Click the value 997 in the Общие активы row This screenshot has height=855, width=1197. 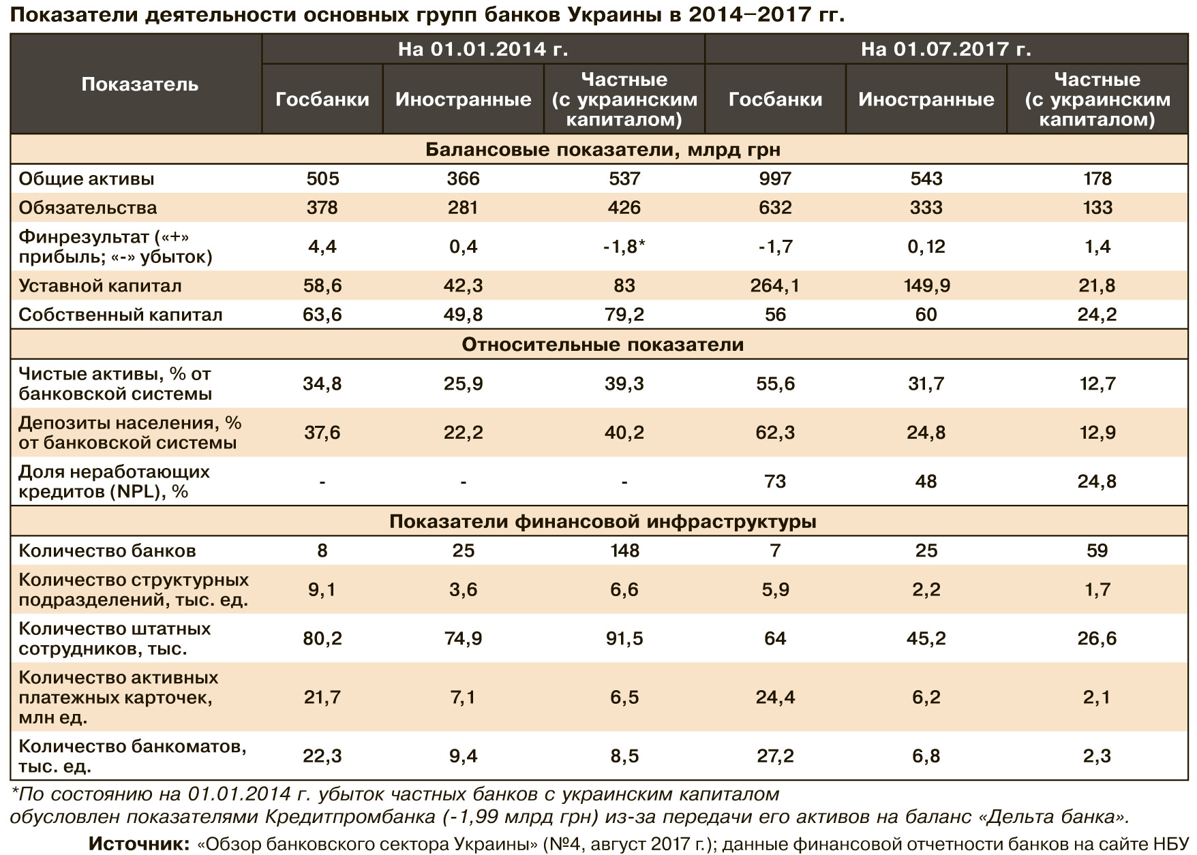[x=775, y=178]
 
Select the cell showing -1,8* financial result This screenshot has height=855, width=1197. [x=624, y=247]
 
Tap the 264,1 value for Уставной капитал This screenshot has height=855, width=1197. [x=774, y=285]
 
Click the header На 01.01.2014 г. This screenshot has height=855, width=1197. [x=483, y=49]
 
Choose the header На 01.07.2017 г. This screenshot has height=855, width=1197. [x=945, y=49]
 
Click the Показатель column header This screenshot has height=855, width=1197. [x=140, y=84]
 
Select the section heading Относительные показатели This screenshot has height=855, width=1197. [x=603, y=345]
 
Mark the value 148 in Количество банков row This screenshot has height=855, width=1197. [x=624, y=550]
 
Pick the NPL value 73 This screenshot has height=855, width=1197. [x=775, y=482]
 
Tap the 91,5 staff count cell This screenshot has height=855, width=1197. [x=624, y=638]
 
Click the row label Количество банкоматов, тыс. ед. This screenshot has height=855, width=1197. [x=132, y=756]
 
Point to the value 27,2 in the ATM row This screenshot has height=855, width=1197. [x=775, y=756]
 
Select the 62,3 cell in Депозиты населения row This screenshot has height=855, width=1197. [x=775, y=433]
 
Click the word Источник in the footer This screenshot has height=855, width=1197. [x=139, y=844]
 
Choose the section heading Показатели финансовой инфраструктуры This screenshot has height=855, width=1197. [x=603, y=522]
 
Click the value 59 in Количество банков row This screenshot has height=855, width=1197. [x=1097, y=550]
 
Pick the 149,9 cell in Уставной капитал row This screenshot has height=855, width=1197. [x=926, y=285]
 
